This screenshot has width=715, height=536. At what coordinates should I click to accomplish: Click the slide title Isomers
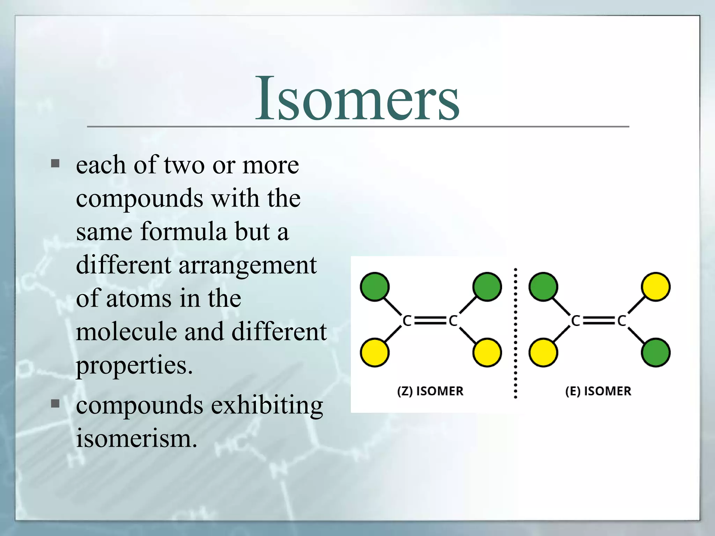(x=357, y=99)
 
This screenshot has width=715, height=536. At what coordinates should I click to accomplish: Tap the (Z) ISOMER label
(x=430, y=391)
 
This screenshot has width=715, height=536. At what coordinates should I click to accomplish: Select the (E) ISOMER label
(x=598, y=391)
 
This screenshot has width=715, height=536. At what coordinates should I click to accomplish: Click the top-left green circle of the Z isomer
(x=375, y=287)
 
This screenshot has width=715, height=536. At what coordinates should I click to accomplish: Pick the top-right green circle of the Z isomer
(x=487, y=287)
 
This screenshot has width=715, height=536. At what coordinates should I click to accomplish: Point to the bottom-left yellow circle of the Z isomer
(x=375, y=352)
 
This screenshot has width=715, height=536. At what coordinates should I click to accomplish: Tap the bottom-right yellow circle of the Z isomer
(x=487, y=352)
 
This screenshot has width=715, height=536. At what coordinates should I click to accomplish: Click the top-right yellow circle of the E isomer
(x=656, y=287)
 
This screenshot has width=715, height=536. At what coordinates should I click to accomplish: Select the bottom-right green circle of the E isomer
(x=656, y=352)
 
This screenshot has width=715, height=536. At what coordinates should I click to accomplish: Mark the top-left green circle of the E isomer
(x=543, y=287)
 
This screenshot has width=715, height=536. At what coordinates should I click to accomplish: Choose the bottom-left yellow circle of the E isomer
(x=543, y=352)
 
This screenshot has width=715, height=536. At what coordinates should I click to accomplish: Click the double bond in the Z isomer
(x=430, y=320)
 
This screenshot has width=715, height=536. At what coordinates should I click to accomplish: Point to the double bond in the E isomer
(x=599, y=320)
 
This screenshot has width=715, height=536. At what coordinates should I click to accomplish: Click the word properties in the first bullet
(x=134, y=365)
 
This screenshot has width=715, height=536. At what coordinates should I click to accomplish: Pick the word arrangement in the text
(x=248, y=266)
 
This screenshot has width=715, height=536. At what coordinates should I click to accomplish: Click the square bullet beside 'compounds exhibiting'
(x=55, y=404)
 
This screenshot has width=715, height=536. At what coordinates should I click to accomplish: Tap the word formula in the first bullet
(x=183, y=232)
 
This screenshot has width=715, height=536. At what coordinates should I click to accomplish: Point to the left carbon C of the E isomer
(x=575, y=320)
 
